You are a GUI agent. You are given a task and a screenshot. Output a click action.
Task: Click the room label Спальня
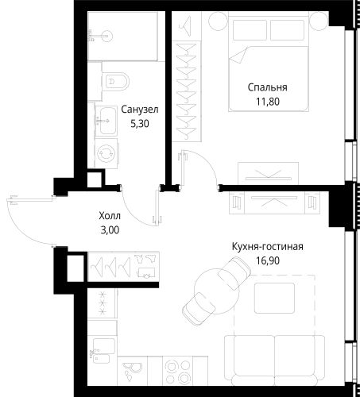(x=267, y=87)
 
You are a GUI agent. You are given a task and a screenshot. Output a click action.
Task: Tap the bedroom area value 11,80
(x=268, y=102)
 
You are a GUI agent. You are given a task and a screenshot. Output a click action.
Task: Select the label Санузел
(x=140, y=110)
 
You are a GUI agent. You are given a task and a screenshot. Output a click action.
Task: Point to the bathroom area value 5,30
(x=140, y=124)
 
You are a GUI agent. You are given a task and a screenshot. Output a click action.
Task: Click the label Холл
(x=110, y=216)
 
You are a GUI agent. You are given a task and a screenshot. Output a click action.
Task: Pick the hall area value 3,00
(x=110, y=230)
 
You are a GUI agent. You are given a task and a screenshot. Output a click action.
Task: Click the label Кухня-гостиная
(x=268, y=247)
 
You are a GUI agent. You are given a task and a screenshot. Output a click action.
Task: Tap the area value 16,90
(x=268, y=261)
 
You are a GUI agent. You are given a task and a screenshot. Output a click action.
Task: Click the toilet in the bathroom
(x=115, y=81)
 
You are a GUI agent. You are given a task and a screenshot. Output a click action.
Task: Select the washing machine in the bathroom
(x=106, y=153)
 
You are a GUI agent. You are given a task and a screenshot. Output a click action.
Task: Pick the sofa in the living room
(x=275, y=360)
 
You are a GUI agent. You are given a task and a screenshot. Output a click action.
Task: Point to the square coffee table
(x=274, y=298)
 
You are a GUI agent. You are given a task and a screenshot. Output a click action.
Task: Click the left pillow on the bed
(x=250, y=30)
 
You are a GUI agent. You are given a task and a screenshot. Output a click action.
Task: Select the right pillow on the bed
(x=287, y=30)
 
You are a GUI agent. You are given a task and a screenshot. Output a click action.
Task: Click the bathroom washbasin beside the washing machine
(x=106, y=121)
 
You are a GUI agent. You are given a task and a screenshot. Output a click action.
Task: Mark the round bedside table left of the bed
(x=219, y=21)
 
